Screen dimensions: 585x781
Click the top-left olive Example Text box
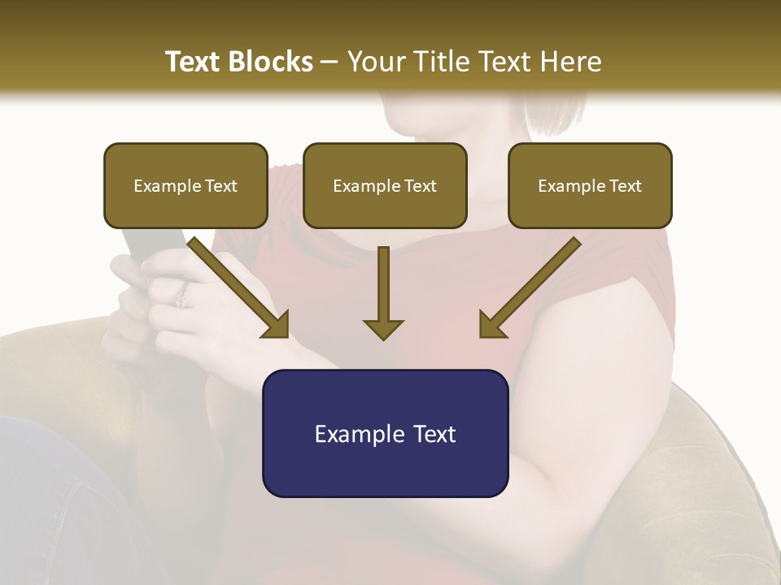pyautogui.click(x=185, y=185)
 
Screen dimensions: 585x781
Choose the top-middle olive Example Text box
pyautogui.click(x=385, y=185)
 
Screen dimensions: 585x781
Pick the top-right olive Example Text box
pyautogui.click(x=590, y=185)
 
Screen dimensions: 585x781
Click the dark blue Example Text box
pyautogui.click(x=385, y=433)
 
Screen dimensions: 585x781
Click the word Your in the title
pyautogui.click(x=374, y=62)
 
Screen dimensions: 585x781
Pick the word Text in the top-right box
pyautogui.click(x=626, y=186)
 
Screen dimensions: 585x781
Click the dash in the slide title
pyautogui.click(x=329, y=63)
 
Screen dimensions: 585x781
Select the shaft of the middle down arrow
pyautogui.click(x=383, y=280)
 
